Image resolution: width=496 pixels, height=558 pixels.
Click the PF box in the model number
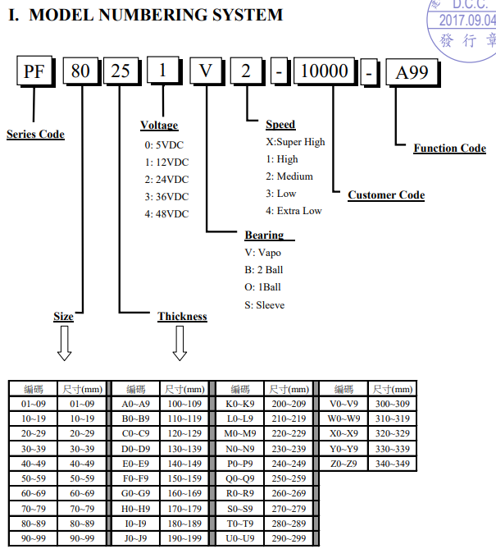point(35,72)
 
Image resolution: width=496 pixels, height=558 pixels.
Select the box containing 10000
point(325,72)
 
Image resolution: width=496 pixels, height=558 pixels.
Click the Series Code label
point(35,134)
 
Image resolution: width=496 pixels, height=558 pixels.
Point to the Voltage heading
point(159,126)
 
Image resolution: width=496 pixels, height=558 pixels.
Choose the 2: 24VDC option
point(166,179)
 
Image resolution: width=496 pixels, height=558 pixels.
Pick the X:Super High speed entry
point(295,141)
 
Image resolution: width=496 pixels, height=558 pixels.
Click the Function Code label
point(449,149)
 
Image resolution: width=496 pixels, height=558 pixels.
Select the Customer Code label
point(386,195)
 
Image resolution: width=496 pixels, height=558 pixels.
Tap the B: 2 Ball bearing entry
point(264,270)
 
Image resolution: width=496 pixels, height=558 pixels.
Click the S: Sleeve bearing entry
point(265,305)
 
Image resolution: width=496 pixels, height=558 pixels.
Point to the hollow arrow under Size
point(64,343)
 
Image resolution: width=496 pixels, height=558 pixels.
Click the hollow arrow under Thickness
point(179,343)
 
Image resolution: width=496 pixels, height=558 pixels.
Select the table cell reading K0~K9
point(240,404)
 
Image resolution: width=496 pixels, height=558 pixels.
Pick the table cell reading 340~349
point(392,464)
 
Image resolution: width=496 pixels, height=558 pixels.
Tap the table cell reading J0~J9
point(136,538)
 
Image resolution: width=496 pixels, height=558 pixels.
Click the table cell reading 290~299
point(289,538)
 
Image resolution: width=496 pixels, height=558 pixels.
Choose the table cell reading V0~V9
point(344,404)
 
